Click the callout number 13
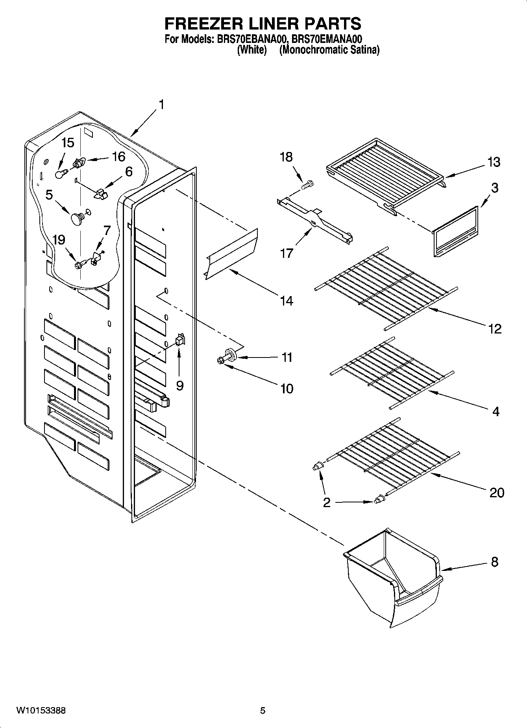[494, 162]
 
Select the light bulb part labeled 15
[60, 174]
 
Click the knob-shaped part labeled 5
[77, 219]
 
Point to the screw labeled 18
[307, 183]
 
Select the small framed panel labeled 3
[456, 232]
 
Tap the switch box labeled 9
[180, 340]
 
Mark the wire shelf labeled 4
[392, 372]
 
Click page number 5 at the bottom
[263, 711]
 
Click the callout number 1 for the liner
[161, 105]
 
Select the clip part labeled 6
[102, 193]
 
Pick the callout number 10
[287, 389]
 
